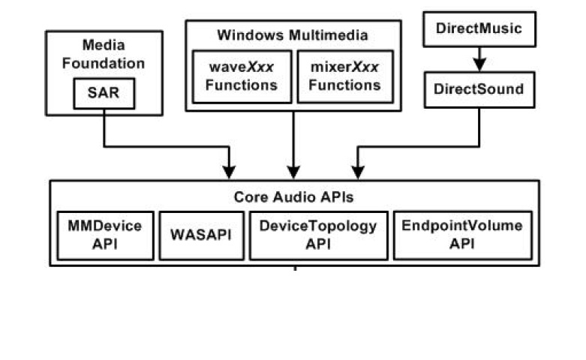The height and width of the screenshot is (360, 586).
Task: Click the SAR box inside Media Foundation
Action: coord(104,94)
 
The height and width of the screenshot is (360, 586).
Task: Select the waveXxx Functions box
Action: coord(241,76)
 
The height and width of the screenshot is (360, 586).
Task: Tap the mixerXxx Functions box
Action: coord(344,76)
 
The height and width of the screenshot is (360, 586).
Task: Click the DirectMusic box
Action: coord(479,30)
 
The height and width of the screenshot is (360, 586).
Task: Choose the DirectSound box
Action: coord(479,89)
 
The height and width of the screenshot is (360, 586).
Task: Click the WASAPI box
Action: coord(201,235)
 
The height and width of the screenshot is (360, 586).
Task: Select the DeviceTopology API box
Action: coord(319,235)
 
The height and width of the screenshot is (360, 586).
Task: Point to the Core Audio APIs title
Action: coord(293,197)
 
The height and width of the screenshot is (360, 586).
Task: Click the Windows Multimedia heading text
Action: coord(293,35)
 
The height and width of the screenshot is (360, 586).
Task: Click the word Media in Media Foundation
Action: coord(104,46)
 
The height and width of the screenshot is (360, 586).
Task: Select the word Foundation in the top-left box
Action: coord(104,63)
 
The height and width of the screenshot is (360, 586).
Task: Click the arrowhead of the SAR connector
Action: coord(230,172)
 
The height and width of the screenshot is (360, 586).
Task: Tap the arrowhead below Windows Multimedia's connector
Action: coord(293,172)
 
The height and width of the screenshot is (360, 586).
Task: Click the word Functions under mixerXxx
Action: coord(344,85)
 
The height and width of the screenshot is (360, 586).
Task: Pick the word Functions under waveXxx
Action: coord(241,85)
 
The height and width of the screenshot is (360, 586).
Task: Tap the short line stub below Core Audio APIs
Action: coord(295,268)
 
